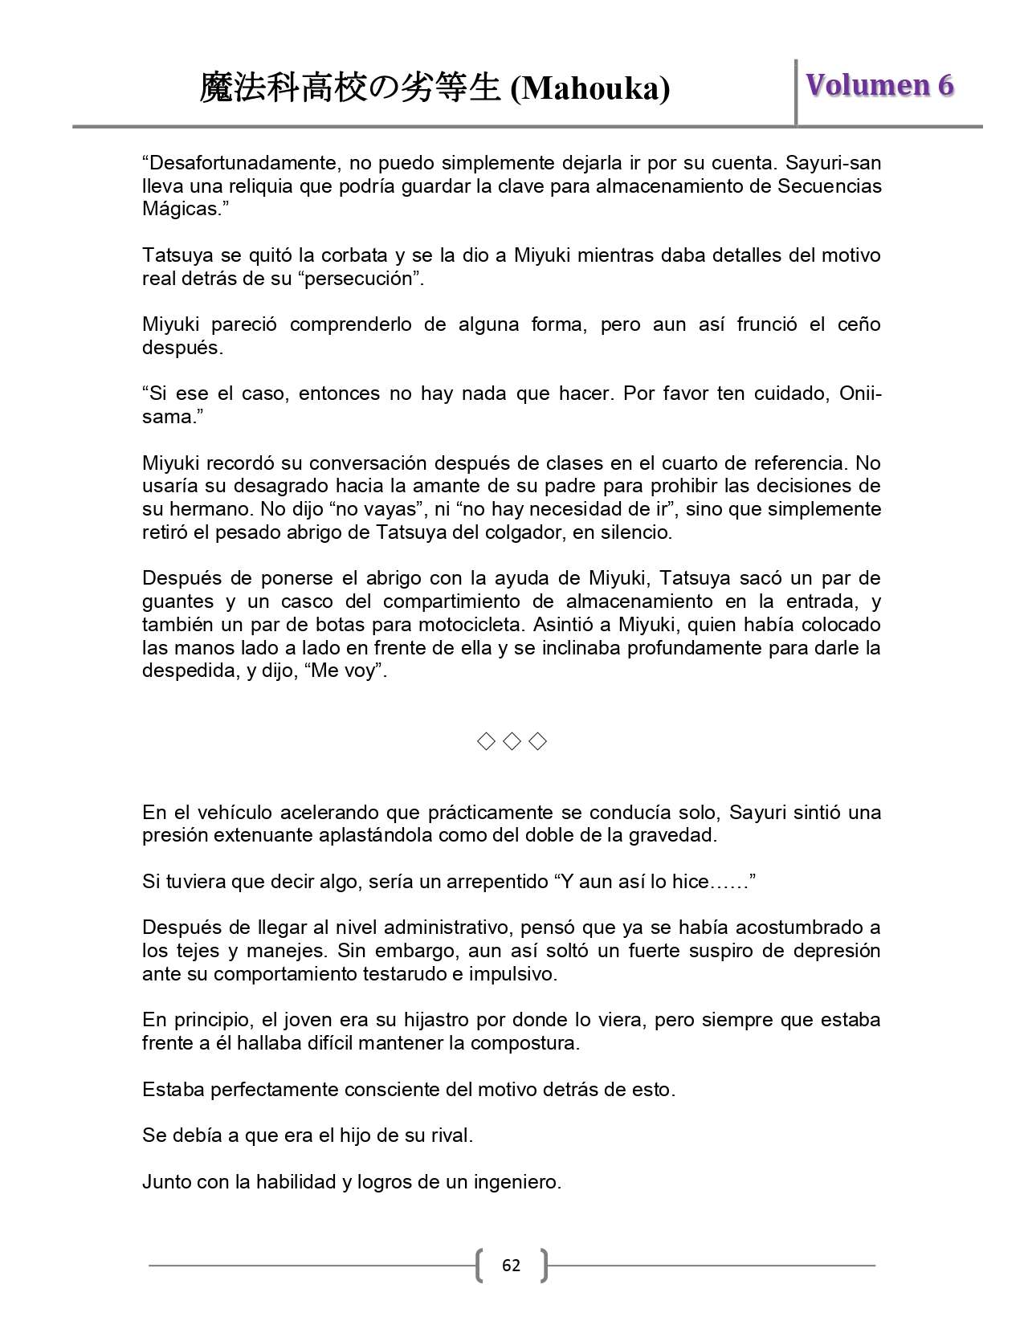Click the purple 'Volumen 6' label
[x=879, y=85]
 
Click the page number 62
[x=511, y=1266]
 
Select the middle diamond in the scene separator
[x=512, y=741]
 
